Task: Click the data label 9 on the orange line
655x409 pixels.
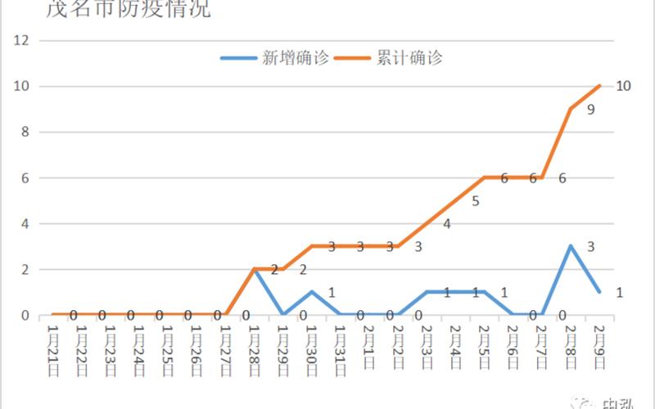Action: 590,109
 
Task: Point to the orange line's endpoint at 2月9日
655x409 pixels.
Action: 601,86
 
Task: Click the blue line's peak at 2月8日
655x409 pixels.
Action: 571,246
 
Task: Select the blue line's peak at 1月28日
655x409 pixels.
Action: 255,269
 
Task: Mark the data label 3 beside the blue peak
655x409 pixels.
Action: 590,246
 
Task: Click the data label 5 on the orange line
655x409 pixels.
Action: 475,200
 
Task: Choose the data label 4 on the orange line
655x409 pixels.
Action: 446,223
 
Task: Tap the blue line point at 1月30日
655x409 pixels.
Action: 312,292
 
